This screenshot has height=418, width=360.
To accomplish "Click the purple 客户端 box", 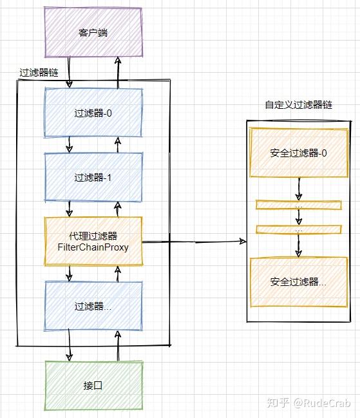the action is tap(93, 32).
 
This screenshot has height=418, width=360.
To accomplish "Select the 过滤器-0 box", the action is tap(93, 113).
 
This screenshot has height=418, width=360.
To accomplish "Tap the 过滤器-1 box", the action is tap(93, 177).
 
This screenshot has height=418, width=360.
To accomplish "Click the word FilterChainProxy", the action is tap(93, 247).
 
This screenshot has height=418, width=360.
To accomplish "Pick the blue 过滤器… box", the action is tap(93, 306).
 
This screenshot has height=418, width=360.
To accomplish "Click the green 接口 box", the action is tap(93, 386).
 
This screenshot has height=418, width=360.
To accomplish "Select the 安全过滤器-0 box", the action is tap(299, 153).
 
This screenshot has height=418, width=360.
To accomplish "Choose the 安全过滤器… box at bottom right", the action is tap(299, 281).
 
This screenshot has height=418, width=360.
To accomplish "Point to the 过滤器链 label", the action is tap(39, 73).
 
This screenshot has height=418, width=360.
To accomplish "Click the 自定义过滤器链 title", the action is tap(299, 105).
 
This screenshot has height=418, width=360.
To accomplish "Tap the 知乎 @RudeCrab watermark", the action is tap(309, 403).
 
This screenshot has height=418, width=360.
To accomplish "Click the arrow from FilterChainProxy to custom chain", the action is tap(194, 242).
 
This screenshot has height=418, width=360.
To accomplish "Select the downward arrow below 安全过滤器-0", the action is tap(299, 189).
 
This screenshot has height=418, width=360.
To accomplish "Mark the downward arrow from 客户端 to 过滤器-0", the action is tap(69, 72).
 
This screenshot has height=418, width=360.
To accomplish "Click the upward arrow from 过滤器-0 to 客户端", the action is tap(118, 73).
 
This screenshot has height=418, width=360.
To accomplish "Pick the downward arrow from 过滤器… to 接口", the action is tap(70, 346).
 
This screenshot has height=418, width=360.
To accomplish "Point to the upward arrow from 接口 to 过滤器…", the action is tap(118, 347).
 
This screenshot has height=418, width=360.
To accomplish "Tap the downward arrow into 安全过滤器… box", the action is tap(299, 245).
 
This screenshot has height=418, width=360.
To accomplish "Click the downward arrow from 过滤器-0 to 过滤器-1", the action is tap(70, 145).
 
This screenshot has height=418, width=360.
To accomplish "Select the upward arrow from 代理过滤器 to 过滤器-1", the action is tap(117, 209).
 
